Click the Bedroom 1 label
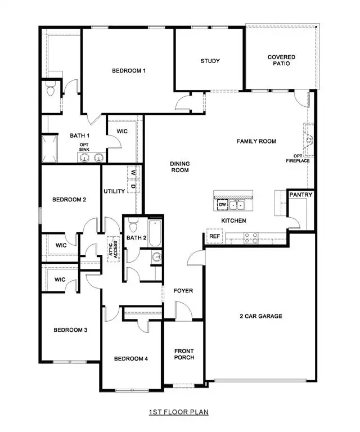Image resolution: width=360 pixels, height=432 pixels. (129, 70)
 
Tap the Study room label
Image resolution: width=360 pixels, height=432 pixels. (210, 61)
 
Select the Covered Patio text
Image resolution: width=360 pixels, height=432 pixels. (281, 60)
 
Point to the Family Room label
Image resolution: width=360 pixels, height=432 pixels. (256, 141)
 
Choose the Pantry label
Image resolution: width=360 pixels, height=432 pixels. (300, 195)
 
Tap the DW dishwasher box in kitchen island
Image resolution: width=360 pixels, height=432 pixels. (222, 204)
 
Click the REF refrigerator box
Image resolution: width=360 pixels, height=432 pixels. (214, 237)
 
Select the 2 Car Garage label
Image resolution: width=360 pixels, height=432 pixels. (259, 316)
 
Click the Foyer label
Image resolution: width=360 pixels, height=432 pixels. (183, 291)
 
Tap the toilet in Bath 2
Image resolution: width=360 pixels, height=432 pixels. (133, 226)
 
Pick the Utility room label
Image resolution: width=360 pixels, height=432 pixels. (114, 192)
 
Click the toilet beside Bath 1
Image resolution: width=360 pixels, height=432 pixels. (50, 89)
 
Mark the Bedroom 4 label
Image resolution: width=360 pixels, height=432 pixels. (130, 359)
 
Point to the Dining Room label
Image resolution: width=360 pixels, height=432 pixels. (180, 167)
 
